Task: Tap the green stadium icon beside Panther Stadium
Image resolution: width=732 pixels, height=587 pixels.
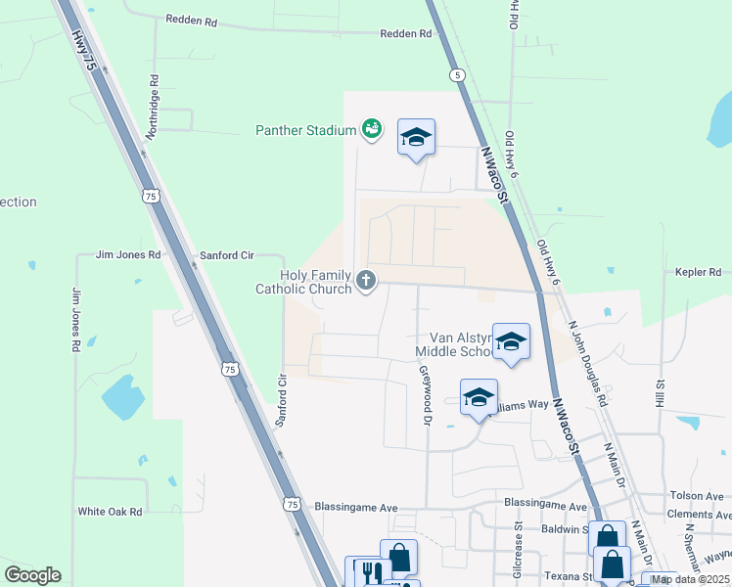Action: (x=371, y=128)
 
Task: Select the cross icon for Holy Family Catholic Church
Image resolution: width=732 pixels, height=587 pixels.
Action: (x=366, y=282)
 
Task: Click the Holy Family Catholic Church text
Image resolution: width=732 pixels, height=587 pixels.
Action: (x=303, y=282)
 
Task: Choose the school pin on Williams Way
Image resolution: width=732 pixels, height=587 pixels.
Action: (x=479, y=397)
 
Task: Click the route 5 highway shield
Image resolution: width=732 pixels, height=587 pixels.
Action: (x=456, y=74)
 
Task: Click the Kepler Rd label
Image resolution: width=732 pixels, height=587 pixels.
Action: (x=698, y=272)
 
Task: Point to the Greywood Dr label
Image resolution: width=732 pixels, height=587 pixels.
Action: (x=426, y=396)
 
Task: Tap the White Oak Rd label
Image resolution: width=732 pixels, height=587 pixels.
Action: (x=110, y=511)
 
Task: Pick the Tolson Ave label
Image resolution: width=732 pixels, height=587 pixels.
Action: (x=696, y=496)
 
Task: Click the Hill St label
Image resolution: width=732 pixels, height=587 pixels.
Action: (x=661, y=393)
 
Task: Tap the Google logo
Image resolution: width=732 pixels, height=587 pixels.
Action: (x=32, y=575)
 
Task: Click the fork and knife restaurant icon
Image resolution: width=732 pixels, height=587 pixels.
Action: (x=370, y=572)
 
